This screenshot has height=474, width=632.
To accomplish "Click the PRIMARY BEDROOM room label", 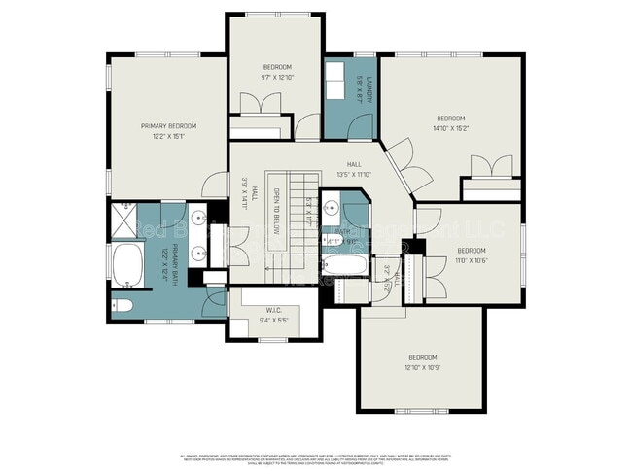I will pyautogui.click(x=168, y=126).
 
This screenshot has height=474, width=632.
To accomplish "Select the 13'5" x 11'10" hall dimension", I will pyautogui.click(x=355, y=175).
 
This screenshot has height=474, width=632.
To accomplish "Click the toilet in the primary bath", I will pyautogui.click(x=123, y=307).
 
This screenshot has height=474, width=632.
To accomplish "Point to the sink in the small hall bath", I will pyautogui.click(x=331, y=208).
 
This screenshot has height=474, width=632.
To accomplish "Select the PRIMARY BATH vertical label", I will pyautogui.click(x=177, y=263).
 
